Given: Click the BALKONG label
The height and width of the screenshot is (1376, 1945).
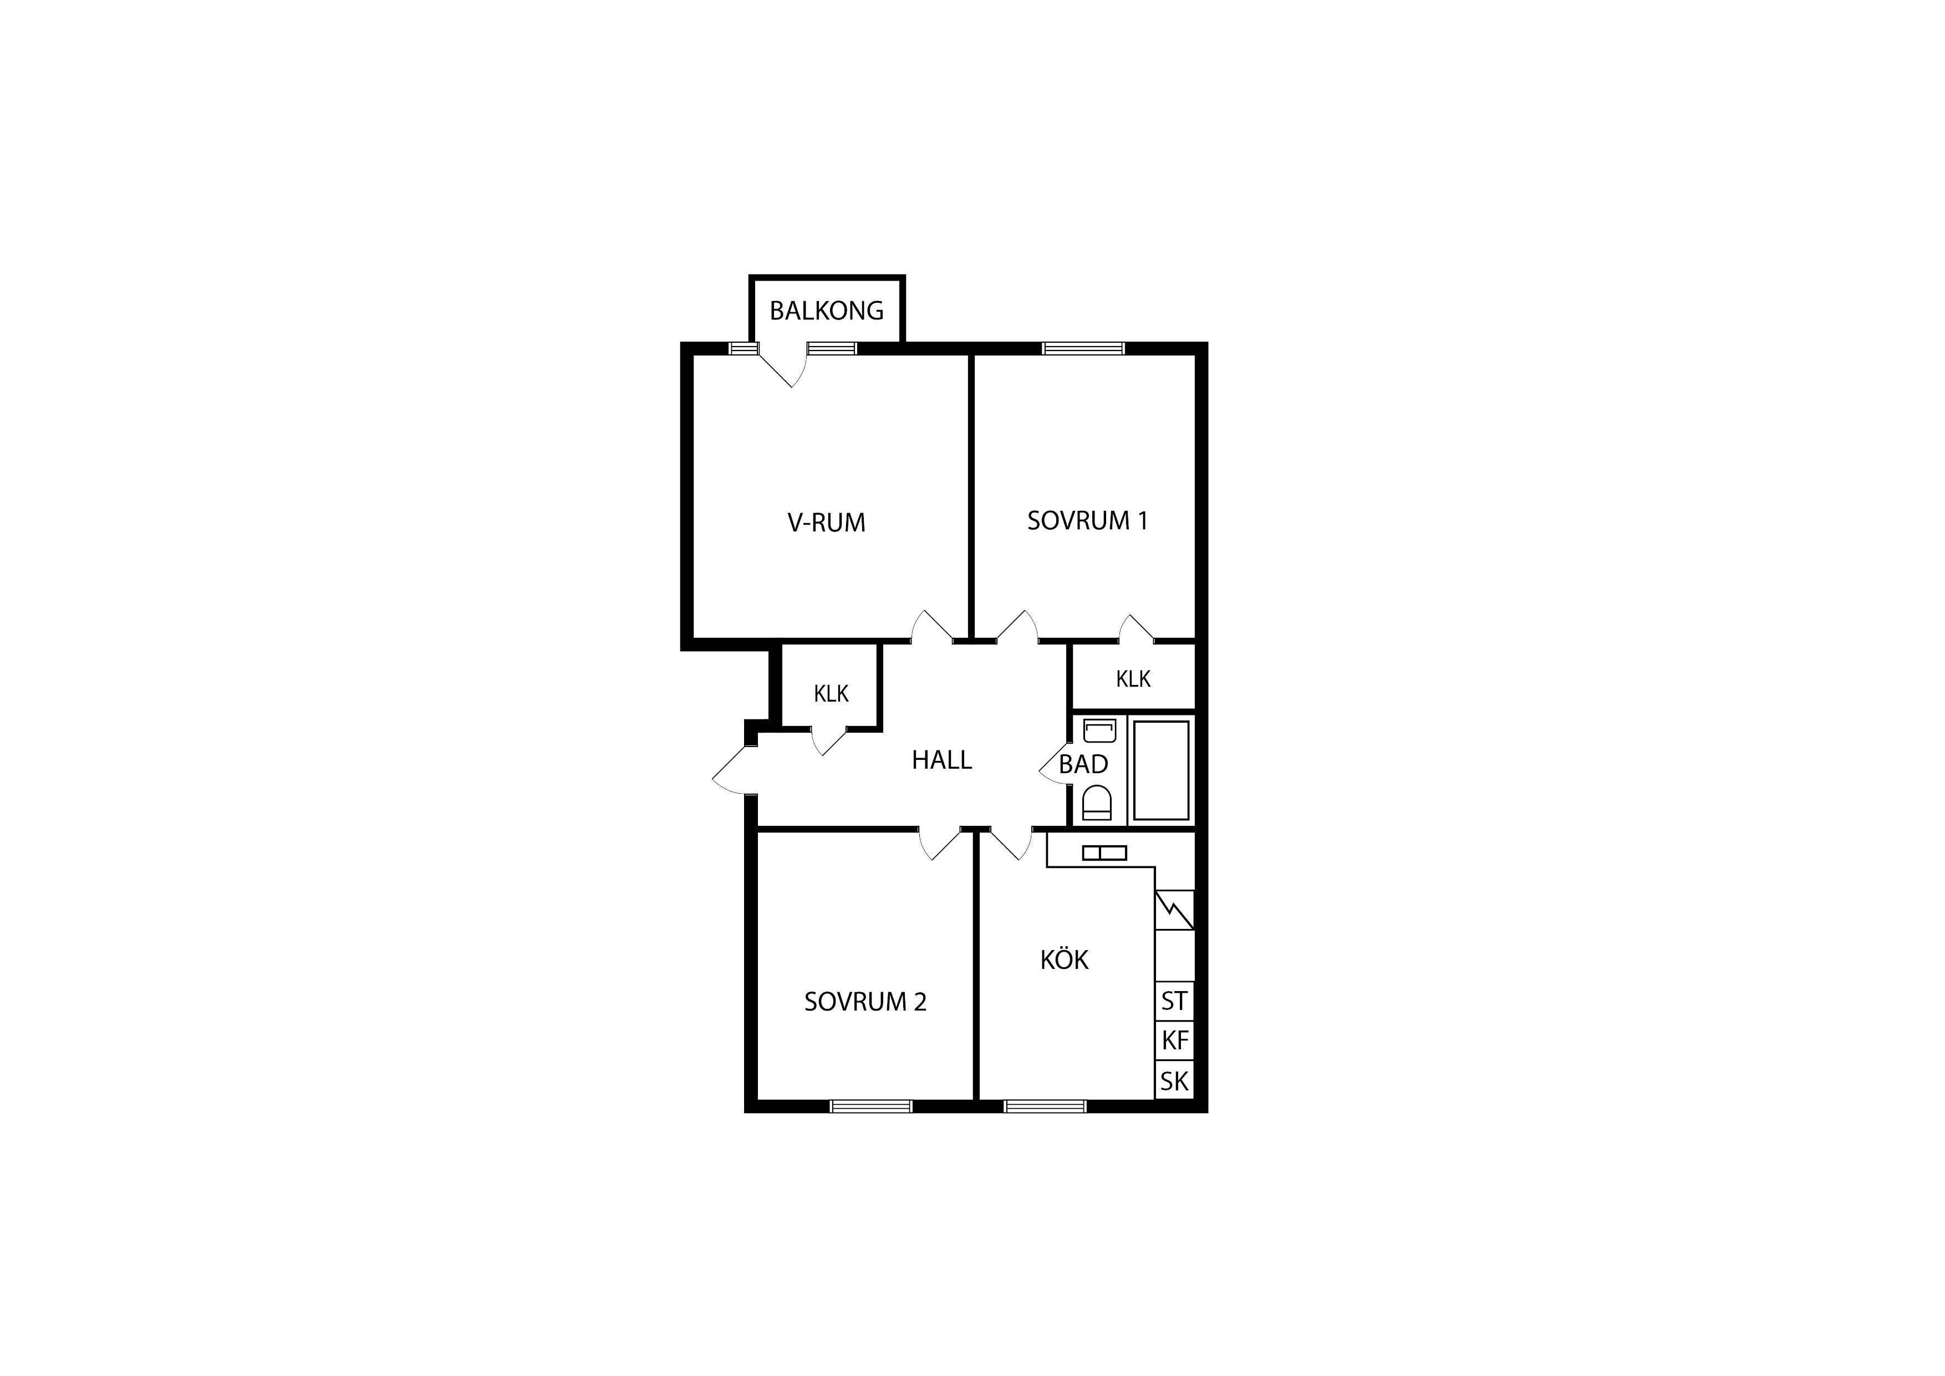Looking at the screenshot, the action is coord(826,311).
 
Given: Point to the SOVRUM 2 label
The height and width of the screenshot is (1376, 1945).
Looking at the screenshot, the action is coord(865,1002).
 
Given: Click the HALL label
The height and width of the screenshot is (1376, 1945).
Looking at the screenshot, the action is coord(941,760).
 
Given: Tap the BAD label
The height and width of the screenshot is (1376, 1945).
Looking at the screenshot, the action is coord(1083,764).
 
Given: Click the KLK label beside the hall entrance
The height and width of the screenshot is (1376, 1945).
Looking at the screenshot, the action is coord(831,694).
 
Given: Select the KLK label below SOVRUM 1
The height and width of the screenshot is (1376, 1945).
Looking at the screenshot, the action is coord(1133,679).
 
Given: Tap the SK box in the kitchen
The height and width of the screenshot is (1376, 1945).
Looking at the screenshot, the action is coord(1174,1080).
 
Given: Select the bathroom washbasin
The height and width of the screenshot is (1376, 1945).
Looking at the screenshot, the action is coord(1099,730).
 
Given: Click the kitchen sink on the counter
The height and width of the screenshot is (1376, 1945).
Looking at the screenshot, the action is coord(1104,853).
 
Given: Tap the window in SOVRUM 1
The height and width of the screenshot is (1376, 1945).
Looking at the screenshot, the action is coord(1083,348).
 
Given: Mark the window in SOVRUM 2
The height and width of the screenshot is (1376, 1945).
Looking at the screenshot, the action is coord(871,1106).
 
